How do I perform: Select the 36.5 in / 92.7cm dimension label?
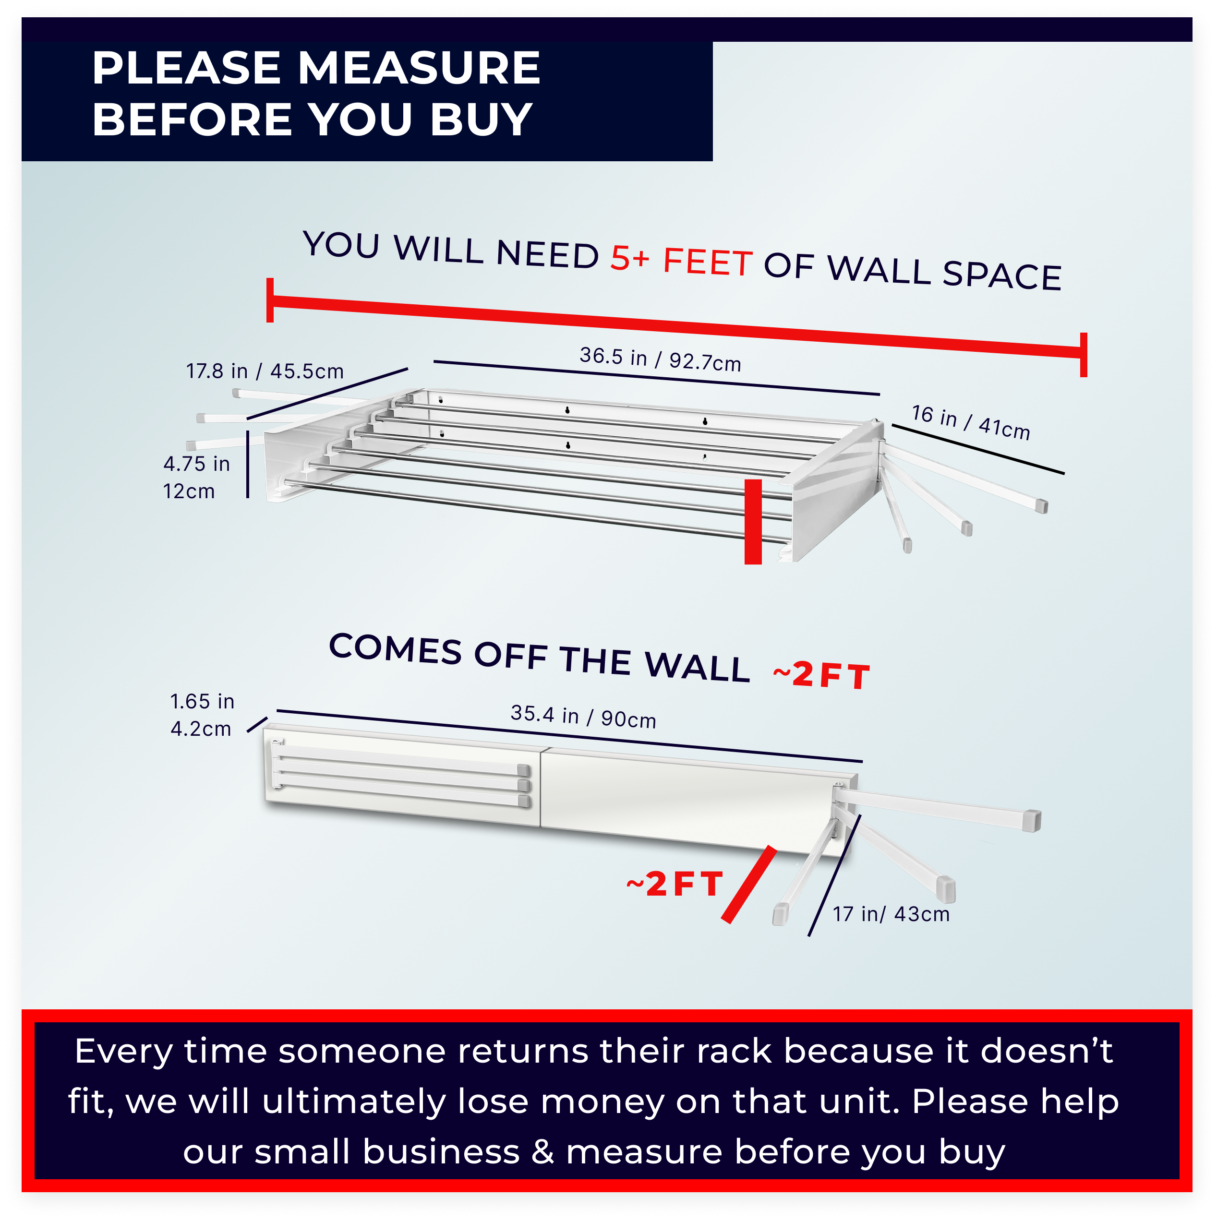tap(660, 359)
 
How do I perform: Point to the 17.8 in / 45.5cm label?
tap(265, 371)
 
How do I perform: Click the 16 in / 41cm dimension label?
tap(970, 422)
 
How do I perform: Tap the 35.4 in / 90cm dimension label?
tap(583, 716)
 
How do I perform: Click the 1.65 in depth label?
tap(202, 702)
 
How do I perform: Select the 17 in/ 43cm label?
tap(891, 914)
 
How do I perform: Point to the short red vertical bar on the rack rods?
tap(753, 521)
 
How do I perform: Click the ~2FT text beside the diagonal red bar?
tap(675, 883)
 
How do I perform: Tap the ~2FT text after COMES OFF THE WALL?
tap(821, 675)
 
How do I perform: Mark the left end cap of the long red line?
tap(270, 299)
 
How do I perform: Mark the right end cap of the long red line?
tap(1084, 355)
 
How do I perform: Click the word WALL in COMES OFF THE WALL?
tap(697, 665)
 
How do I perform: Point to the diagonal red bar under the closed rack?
tap(750, 885)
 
